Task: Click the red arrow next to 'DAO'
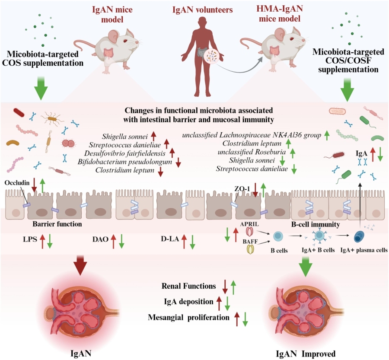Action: [113, 240]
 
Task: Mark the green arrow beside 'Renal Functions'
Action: [233, 287]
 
